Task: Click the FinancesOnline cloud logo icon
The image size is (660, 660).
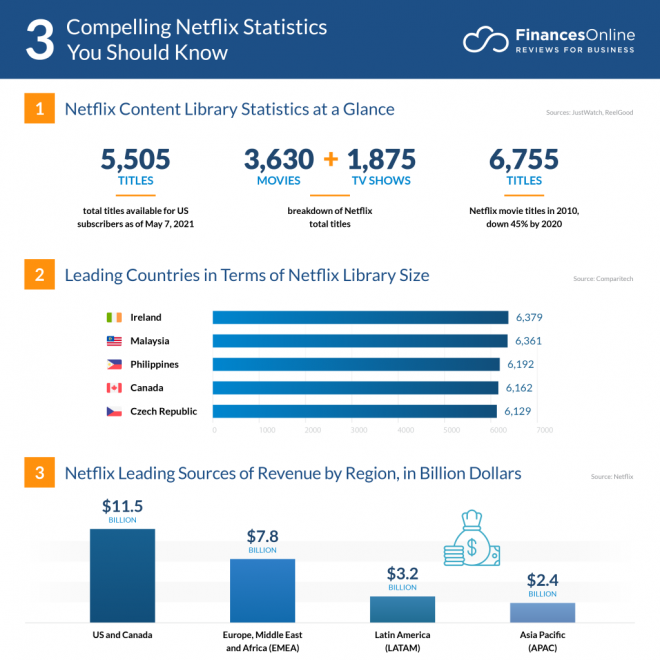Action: point(484,40)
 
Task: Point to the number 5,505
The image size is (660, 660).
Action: point(135,159)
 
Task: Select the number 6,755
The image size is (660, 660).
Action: point(524,159)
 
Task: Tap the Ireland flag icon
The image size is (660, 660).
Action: point(114,317)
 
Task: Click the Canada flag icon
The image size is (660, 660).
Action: point(114,388)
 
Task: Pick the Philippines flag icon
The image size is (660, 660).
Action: point(114,364)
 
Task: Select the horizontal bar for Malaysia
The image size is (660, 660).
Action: point(360,341)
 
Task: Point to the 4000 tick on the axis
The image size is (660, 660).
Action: point(406,430)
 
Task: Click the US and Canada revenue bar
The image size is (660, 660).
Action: point(122,575)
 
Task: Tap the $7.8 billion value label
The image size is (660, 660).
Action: point(263,538)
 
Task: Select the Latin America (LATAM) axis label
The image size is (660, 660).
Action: point(402,641)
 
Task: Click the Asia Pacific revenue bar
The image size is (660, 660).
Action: point(542,612)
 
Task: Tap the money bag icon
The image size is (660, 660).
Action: point(470,540)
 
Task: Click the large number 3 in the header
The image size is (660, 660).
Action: point(39,39)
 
